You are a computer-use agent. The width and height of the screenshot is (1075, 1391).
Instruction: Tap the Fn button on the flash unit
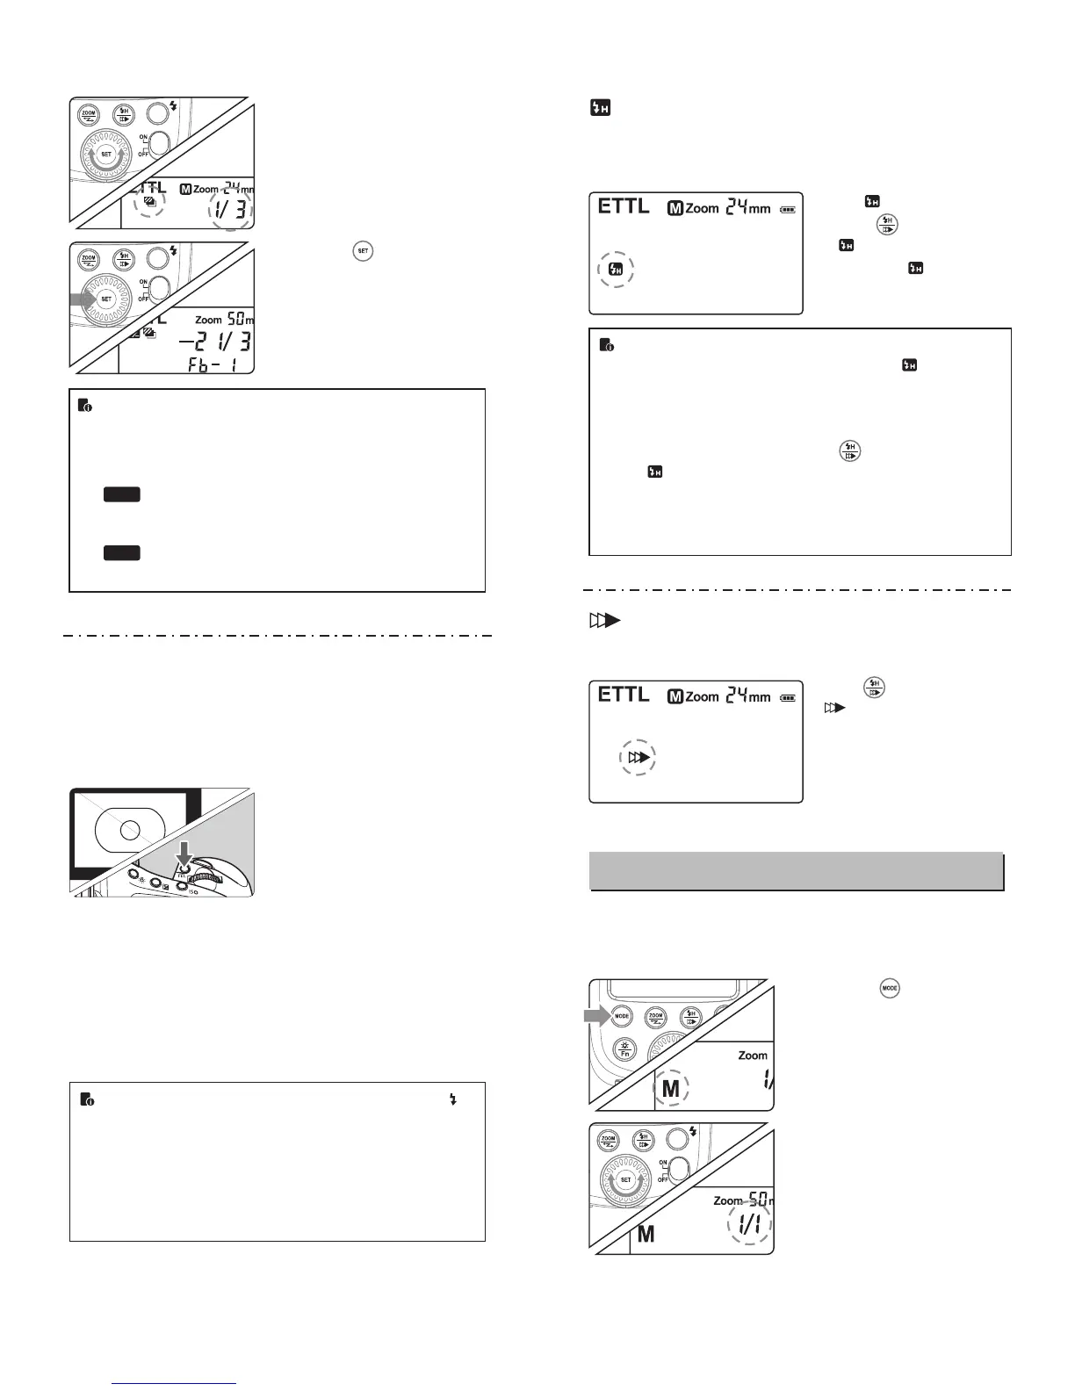tap(624, 1049)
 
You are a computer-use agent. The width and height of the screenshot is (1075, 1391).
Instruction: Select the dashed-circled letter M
tap(671, 1089)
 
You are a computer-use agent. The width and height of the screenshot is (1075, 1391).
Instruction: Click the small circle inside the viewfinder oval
tap(130, 829)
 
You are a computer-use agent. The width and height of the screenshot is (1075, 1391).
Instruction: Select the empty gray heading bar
tap(796, 871)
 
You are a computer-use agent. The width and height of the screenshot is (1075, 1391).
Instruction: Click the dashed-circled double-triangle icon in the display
tap(639, 757)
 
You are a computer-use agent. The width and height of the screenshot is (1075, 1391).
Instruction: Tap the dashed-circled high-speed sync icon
tap(617, 270)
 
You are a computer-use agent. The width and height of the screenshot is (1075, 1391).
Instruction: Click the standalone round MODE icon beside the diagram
tap(890, 988)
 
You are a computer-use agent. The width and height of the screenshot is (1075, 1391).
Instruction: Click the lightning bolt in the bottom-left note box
tap(453, 1099)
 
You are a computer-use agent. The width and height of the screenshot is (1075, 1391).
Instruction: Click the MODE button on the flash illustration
tap(622, 1016)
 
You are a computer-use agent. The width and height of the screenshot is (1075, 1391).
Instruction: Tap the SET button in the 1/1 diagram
tap(625, 1179)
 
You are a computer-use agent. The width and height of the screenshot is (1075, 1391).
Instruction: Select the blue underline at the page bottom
tap(176, 1384)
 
